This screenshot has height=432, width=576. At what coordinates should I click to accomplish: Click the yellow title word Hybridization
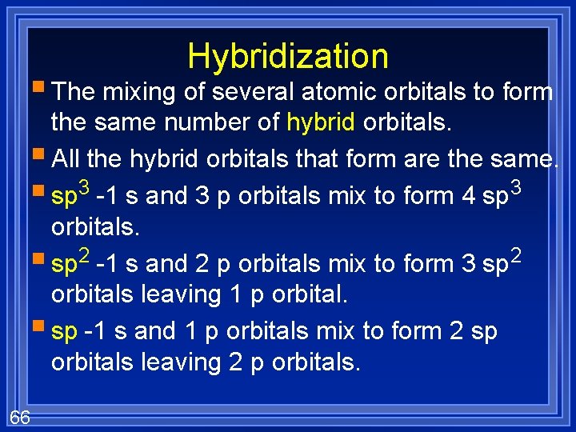pyautogui.click(x=288, y=57)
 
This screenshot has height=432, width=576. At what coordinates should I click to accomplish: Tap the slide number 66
pyautogui.click(x=20, y=417)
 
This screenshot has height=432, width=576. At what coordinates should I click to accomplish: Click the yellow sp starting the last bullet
pyautogui.click(x=64, y=330)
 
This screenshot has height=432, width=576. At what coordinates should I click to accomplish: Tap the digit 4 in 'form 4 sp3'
pyautogui.click(x=469, y=194)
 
